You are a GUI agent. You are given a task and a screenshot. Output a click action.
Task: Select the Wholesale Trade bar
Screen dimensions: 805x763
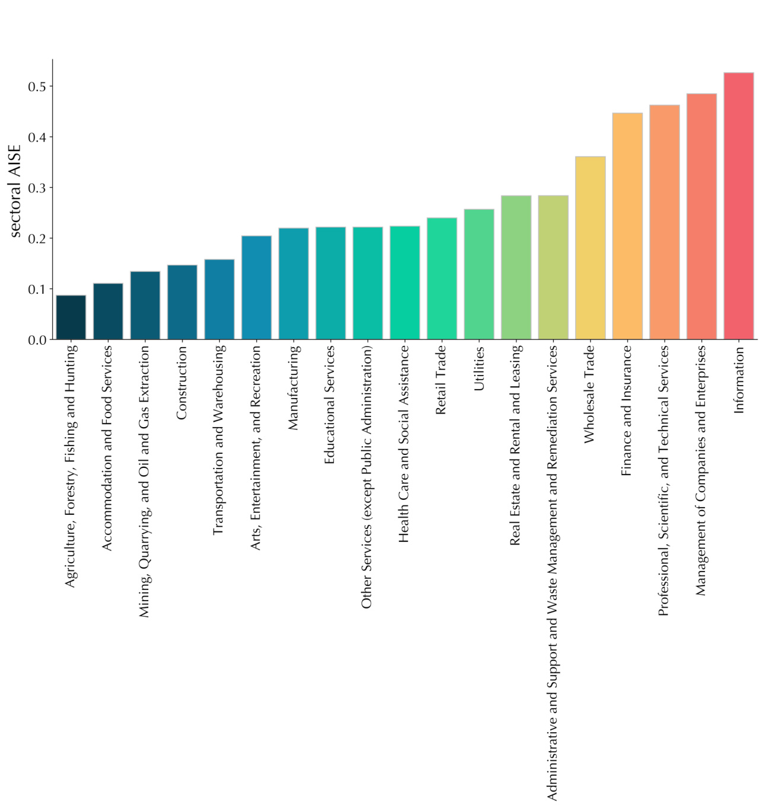590,248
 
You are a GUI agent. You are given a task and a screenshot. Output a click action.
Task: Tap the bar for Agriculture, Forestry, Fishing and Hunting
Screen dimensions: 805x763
71,317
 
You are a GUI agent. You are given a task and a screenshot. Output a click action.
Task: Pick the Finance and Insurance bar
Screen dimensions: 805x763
627,226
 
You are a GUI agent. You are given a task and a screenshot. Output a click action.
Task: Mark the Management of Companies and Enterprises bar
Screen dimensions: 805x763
701,217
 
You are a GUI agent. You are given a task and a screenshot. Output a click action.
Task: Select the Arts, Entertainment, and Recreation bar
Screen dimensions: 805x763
256,288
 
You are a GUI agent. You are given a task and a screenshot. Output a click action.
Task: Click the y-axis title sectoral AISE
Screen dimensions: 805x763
15,191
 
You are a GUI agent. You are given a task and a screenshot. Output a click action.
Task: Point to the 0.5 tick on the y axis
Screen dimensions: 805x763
37,87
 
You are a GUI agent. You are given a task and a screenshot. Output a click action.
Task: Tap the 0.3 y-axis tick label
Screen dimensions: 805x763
37,188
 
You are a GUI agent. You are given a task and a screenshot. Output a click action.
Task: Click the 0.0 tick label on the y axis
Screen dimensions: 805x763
37,340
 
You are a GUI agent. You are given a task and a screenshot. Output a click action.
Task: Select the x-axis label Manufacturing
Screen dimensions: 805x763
293,387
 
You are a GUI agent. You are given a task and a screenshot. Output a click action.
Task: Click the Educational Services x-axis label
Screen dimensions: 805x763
330,405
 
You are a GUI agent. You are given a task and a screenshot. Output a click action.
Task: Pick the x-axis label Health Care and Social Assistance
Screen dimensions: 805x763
404,444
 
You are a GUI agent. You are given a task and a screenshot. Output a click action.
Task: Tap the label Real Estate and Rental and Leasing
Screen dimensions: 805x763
516,445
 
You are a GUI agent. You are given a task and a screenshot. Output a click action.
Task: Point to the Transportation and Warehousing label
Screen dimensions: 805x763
219,440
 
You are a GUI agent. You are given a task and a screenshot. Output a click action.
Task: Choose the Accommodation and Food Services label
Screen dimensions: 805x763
108,448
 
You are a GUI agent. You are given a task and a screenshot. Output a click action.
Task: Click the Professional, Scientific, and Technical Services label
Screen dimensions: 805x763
664,480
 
